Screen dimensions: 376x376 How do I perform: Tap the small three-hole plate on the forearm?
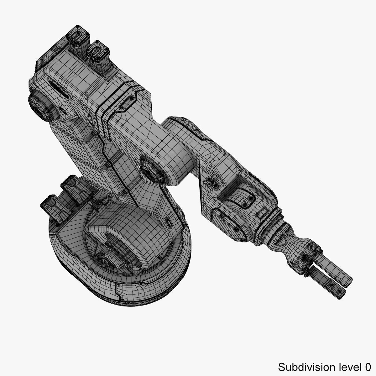212,183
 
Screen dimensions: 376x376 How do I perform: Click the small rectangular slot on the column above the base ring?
169,223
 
